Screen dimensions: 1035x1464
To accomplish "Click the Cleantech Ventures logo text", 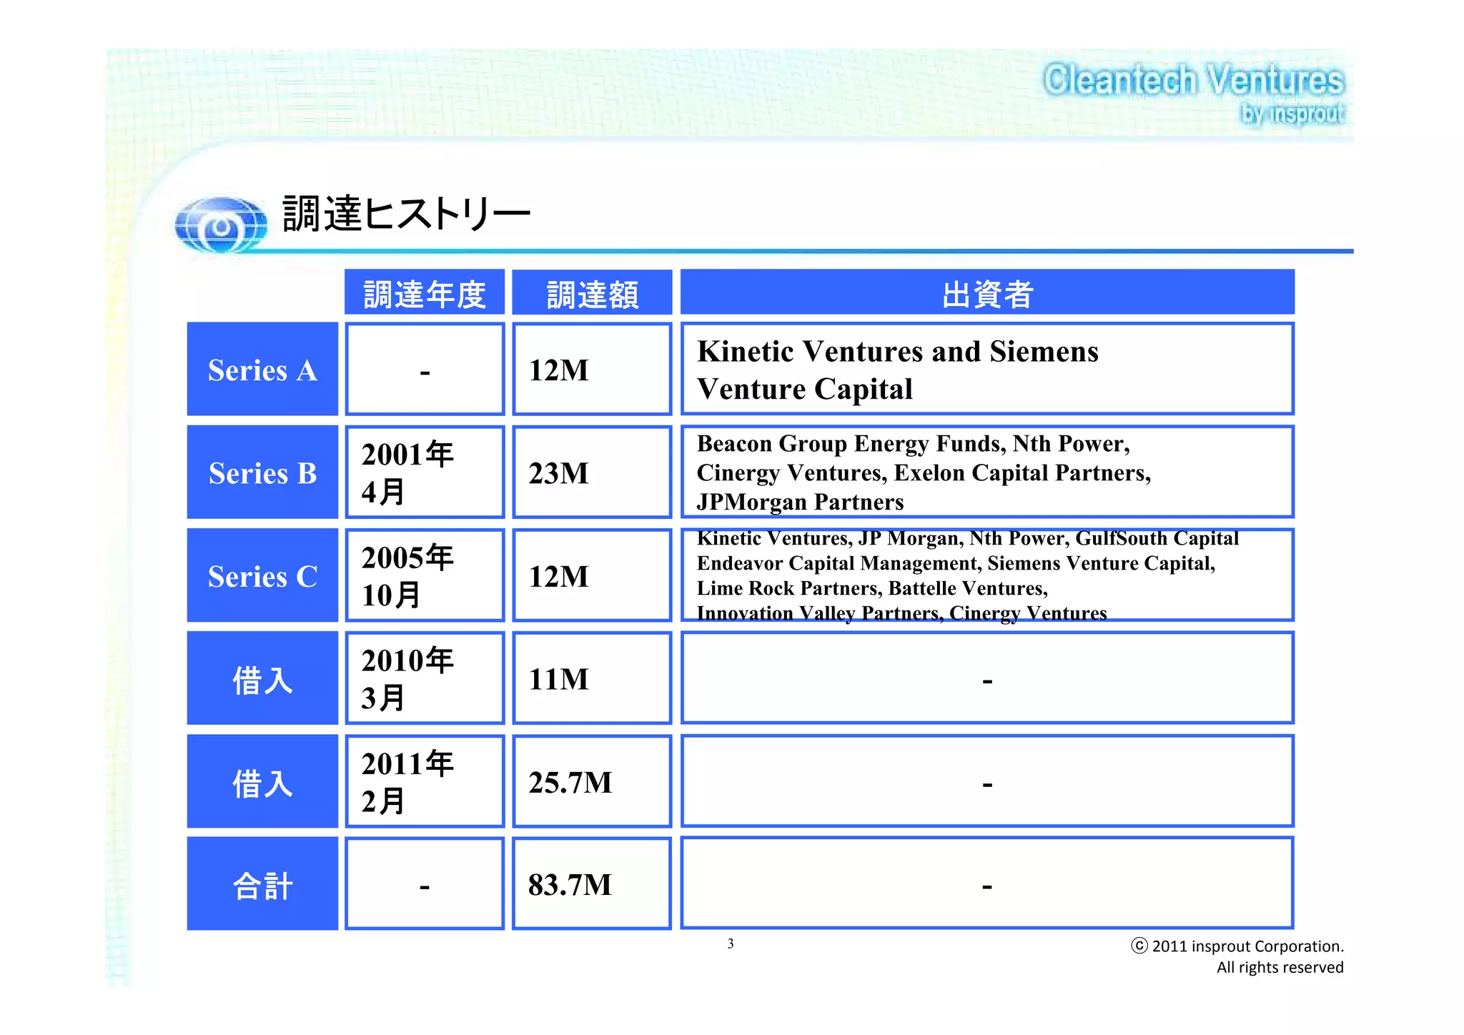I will point(1192,80).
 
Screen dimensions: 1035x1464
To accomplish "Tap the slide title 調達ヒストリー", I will point(405,214).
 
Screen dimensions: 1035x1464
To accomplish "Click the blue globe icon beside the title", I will point(221,225).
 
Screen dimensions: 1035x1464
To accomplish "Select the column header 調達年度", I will point(425,294).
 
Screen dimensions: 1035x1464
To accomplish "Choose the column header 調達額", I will point(592,294).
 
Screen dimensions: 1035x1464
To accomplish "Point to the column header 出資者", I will point(986,293).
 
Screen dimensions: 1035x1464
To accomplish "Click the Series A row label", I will point(262,370).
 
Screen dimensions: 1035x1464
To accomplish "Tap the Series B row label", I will point(262,473).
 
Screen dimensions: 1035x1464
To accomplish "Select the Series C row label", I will point(262,576).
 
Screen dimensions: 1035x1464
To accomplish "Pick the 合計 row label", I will point(262,886).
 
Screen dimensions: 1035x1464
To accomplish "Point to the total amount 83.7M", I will point(570,886).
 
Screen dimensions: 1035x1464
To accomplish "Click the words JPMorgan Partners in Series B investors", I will point(800,502).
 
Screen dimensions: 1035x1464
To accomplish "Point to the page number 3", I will point(731,944).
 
